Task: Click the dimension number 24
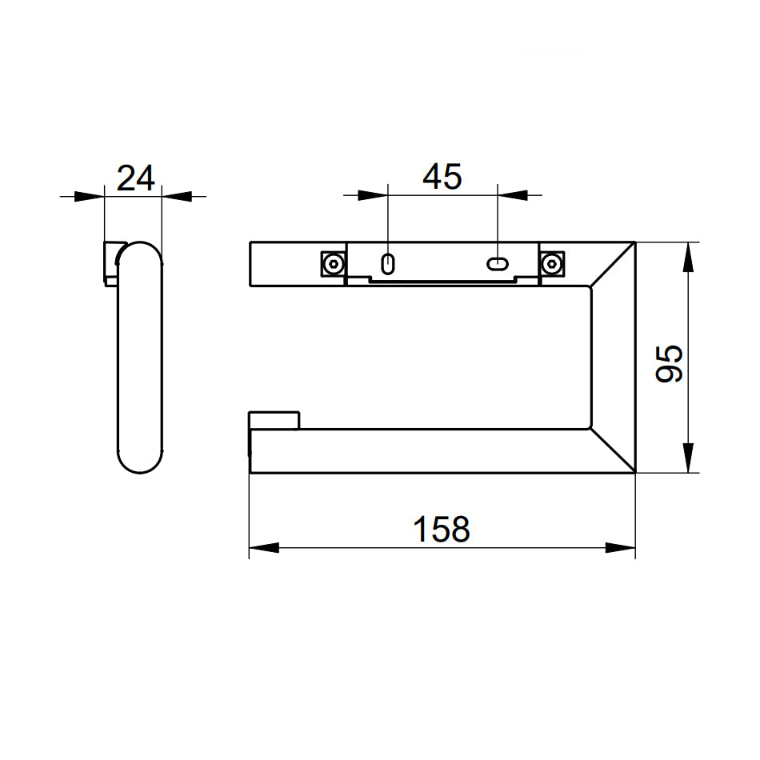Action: coord(136,178)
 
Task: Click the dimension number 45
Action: coord(442,177)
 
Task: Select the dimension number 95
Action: coord(669,363)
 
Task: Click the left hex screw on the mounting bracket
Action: coord(334,264)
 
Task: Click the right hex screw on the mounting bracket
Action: coord(551,264)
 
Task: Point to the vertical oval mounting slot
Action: coord(388,264)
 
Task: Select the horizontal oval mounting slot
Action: coord(498,264)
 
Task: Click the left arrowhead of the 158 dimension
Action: coord(264,548)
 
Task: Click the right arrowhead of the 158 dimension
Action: coord(621,548)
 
